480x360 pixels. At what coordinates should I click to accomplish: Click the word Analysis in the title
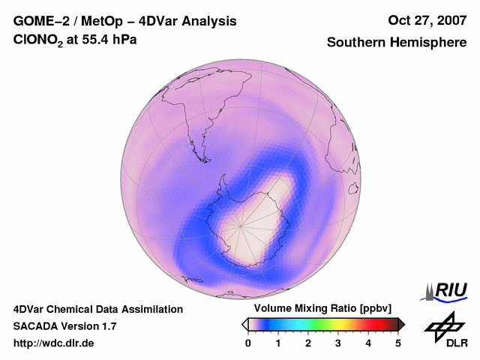click(209, 21)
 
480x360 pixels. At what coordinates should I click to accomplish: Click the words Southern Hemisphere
click(397, 43)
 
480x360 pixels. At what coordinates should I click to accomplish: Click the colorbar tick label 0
click(248, 343)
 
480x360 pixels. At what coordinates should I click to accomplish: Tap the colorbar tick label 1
click(278, 343)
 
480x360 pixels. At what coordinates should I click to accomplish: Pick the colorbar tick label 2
click(308, 343)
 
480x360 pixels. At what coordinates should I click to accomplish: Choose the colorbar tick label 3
click(338, 343)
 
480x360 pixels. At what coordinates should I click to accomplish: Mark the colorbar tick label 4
click(368, 343)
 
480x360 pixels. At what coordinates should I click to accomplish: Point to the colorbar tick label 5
click(398, 343)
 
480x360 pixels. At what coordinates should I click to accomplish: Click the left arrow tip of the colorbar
click(244, 324)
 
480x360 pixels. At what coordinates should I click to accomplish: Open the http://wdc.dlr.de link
click(54, 343)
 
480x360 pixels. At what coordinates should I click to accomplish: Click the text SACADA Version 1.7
click(64, 326)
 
